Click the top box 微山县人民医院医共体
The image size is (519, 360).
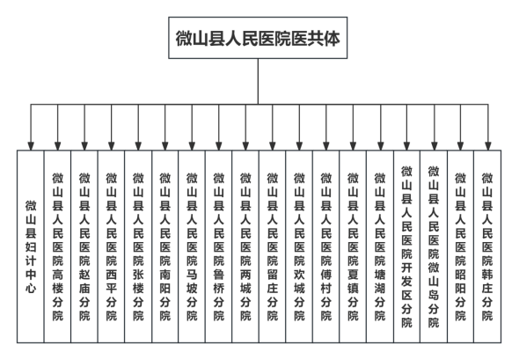[258, 38]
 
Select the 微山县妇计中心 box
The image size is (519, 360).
[31, 246]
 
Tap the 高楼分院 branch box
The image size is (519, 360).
[57, 246]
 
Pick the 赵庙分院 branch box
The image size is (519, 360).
[84, 246]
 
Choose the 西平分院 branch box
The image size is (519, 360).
[111, 246]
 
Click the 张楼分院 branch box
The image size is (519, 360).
[138, 246]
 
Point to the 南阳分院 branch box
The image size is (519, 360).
[165, 246]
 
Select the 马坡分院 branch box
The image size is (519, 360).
[192, 246]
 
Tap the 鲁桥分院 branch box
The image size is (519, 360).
[219, 246]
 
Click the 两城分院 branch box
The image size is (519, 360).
[245, 246]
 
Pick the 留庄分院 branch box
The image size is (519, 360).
[273, 246]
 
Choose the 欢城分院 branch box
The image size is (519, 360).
[299, 246]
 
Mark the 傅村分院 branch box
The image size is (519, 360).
[326, 246]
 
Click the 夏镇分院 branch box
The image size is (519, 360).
[353, 246]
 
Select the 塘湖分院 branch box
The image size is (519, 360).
[380, 246]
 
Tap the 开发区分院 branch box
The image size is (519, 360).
[406, 246]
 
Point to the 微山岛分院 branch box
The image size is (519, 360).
[434, 246]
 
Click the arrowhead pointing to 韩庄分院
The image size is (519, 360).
[487, 146]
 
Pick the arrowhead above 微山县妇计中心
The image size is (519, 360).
[31, 146]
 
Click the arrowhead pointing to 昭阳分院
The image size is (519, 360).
[460, 146]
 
